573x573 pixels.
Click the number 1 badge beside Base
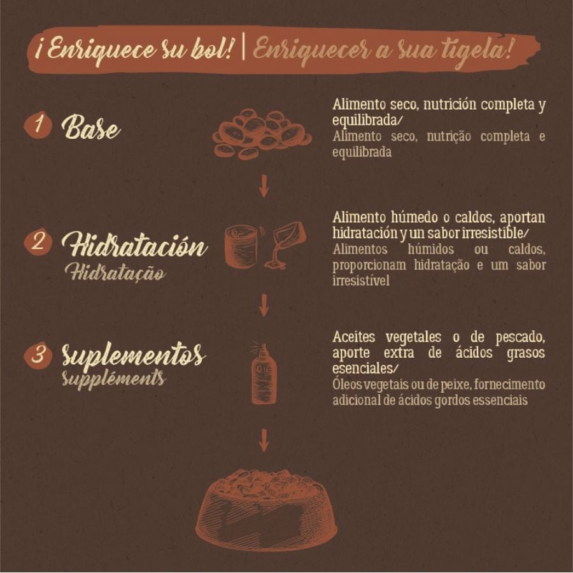pos(38,125)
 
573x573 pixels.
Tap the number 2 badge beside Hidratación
pos(38,242)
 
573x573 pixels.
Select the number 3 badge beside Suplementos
pos(38,354)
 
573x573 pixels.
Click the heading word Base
pos(90,127)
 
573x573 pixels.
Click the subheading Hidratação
pos(115,272)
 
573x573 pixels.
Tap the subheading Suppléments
pos(113,379)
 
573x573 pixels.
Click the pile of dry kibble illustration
pos(262,134)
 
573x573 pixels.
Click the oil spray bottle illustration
pos(264,374)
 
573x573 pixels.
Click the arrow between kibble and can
pos(264,186)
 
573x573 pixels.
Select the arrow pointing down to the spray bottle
pos(264,305)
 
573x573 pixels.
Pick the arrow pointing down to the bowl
pos(264,441)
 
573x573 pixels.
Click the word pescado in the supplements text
pos(520,337)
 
